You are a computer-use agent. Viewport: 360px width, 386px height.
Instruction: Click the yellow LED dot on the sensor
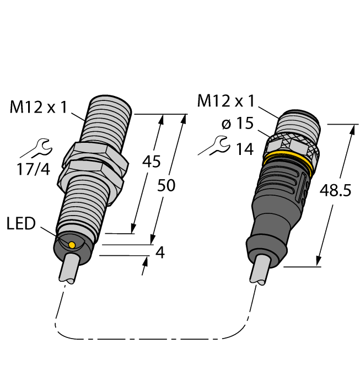pyautogui.click(x=72, y=244)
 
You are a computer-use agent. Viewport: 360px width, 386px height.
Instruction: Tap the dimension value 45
pyautogui.click(x=151, y=161)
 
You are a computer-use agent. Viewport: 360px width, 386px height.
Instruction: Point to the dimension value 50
pyautogui.click(x=166, y=186)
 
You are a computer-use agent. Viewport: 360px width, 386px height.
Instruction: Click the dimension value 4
pyautogui.click(x=160, y=253)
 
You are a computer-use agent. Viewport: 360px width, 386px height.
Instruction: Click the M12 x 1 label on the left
pyautogui.click(x=38, y=107)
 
